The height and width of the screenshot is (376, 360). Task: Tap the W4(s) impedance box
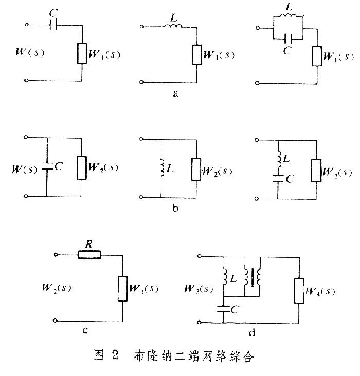pos(299,291)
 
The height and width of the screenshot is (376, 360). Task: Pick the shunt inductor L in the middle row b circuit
pos(161,166)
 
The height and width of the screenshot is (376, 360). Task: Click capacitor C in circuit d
pos(223,310)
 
